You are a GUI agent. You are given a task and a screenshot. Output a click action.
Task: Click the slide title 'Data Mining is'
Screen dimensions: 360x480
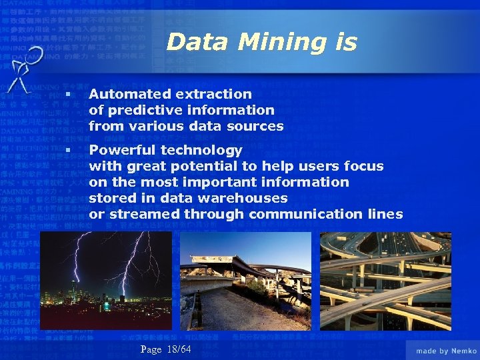pyautogui.click(x=261, y=42)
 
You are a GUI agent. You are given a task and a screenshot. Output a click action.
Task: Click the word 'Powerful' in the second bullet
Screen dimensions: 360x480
pyautogui.click(x=118, y=150)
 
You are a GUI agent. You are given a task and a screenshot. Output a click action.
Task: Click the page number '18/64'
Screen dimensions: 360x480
pyautogui.click(x=179, y=349)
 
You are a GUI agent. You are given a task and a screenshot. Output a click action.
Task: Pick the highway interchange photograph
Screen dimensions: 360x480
pyautogui.click(x=385, y=281)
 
